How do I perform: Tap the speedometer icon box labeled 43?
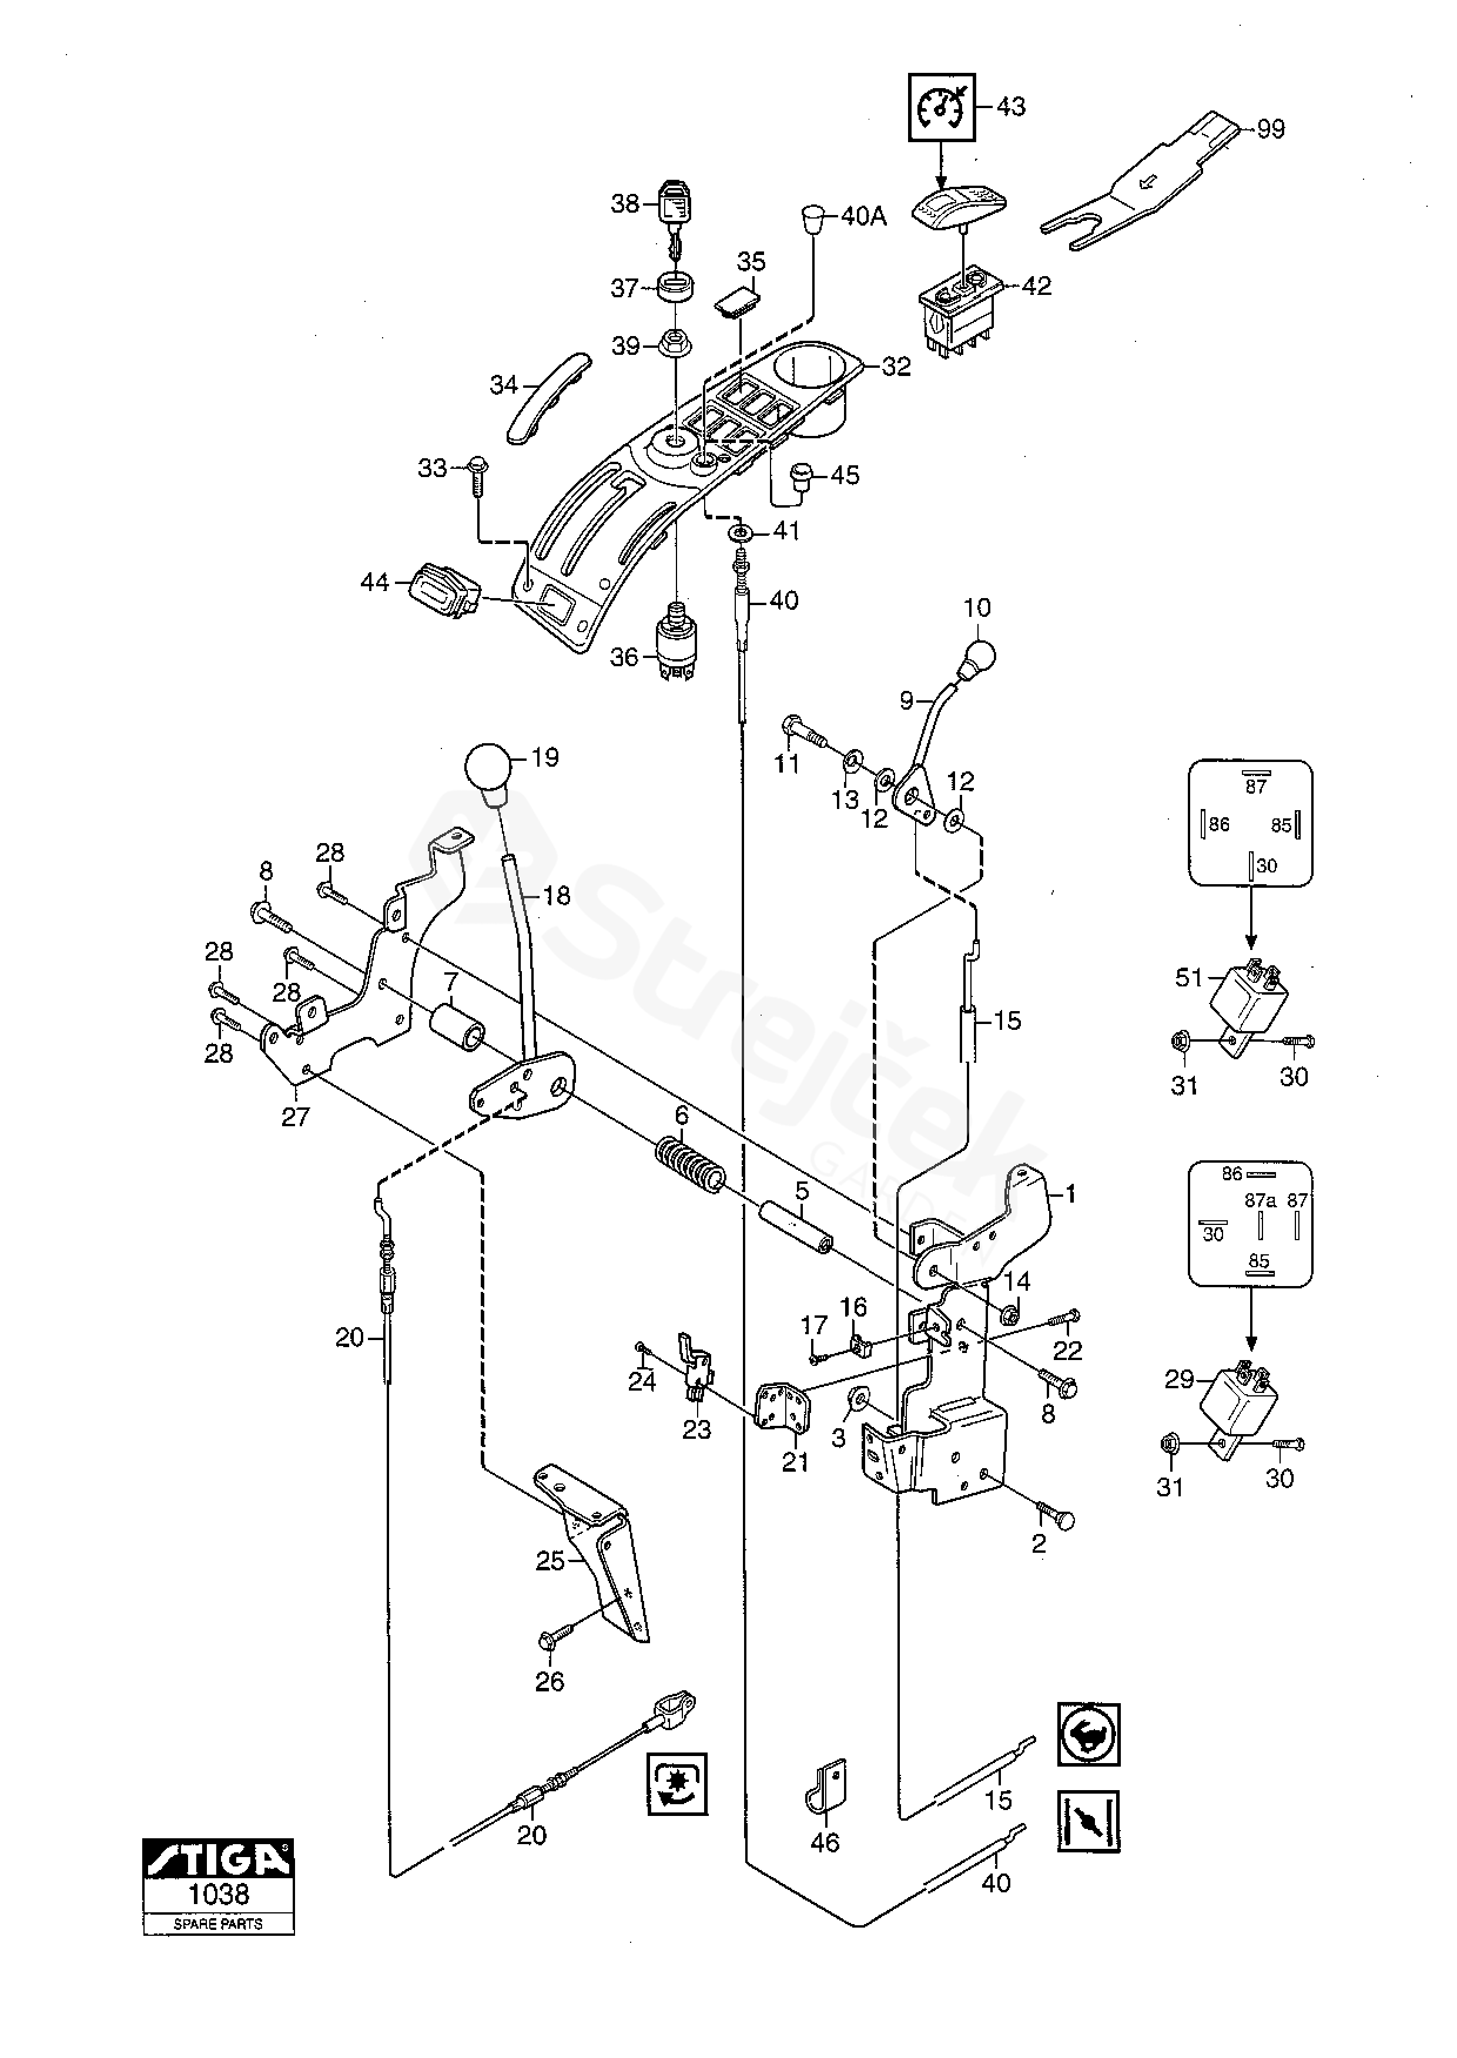(940, 107)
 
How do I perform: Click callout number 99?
(1270, 129)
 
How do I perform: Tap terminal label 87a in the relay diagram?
(1260, 1200)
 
